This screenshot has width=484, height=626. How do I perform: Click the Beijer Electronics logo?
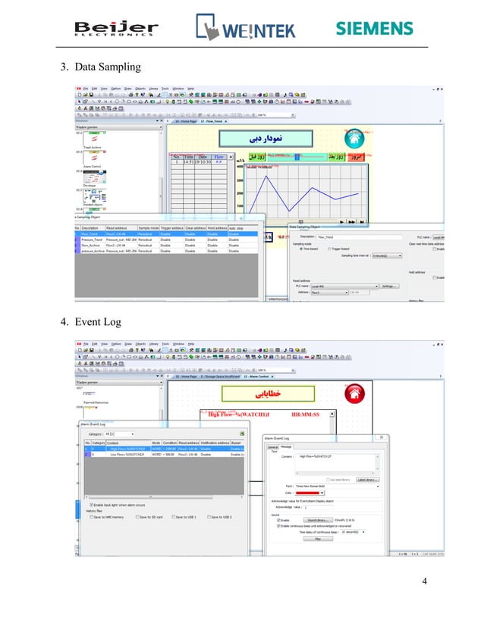tap(116, 30)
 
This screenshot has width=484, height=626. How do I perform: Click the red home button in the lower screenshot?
tap(352, 393)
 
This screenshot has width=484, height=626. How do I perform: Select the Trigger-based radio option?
tap(329, 248)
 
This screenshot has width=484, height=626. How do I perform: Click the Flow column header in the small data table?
tap(218, 156)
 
